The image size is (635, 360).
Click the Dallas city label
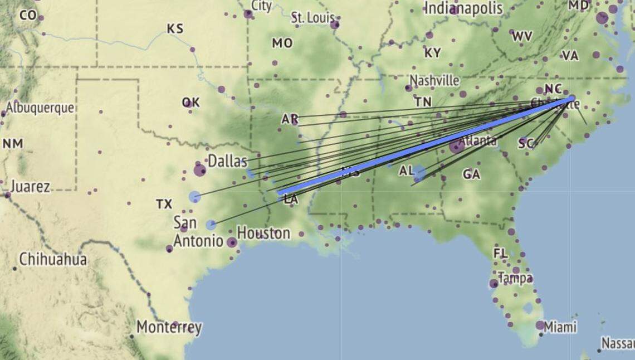tap(227, 162)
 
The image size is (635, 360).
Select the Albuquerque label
tap(40, 108)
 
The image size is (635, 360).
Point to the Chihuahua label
tap(53, 259)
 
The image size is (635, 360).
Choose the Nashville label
tap(434, 80)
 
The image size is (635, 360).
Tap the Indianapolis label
tap(463, 8)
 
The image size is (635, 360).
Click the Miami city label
tap(560, 327)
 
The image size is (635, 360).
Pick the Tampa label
tap(515, 278)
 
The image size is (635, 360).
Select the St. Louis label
tap(312, 18)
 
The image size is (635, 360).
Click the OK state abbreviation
tap(190, 103)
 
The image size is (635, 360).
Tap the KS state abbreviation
tap(175, 28)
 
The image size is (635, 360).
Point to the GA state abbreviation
tap(471, 175)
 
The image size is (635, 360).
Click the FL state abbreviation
tap(500, 254)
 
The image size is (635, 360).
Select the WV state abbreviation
tap(522, 37)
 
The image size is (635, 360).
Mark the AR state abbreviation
tap(290, 119)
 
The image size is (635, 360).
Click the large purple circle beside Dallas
tap(199, 170)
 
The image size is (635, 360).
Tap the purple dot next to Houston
tap(232, 242)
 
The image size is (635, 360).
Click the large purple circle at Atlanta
tap(457, 147)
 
